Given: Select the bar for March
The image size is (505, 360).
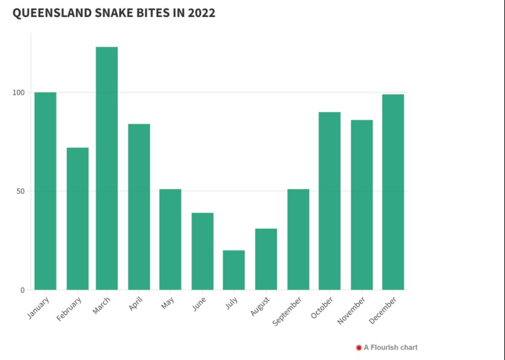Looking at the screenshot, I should point(107,168).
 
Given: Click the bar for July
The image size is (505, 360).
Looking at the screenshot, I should point(234,269).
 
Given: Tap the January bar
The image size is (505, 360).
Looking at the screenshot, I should point(46,191).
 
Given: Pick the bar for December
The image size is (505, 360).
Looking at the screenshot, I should point(393,192).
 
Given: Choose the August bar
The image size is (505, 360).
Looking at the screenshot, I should point(266,259).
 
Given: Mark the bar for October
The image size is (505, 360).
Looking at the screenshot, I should point(329,201).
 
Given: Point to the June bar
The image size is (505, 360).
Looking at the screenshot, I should point(202,251).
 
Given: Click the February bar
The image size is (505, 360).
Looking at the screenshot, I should point(78,218).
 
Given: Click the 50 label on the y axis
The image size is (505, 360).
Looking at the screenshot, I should point(20,191).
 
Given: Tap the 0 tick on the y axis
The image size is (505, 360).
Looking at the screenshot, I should point(22,290).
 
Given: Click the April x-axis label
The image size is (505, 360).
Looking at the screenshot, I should point(136,303).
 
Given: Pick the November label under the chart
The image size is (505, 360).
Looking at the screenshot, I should point(352,310).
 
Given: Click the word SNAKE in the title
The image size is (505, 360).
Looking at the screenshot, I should point(117,13).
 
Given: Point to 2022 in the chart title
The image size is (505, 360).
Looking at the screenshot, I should point(201,13).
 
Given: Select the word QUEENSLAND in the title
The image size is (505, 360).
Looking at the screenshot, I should point(50,13).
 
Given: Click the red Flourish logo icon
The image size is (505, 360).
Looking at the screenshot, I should point(359,348).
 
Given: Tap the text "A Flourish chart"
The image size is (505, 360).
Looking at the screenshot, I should point(391,348).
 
